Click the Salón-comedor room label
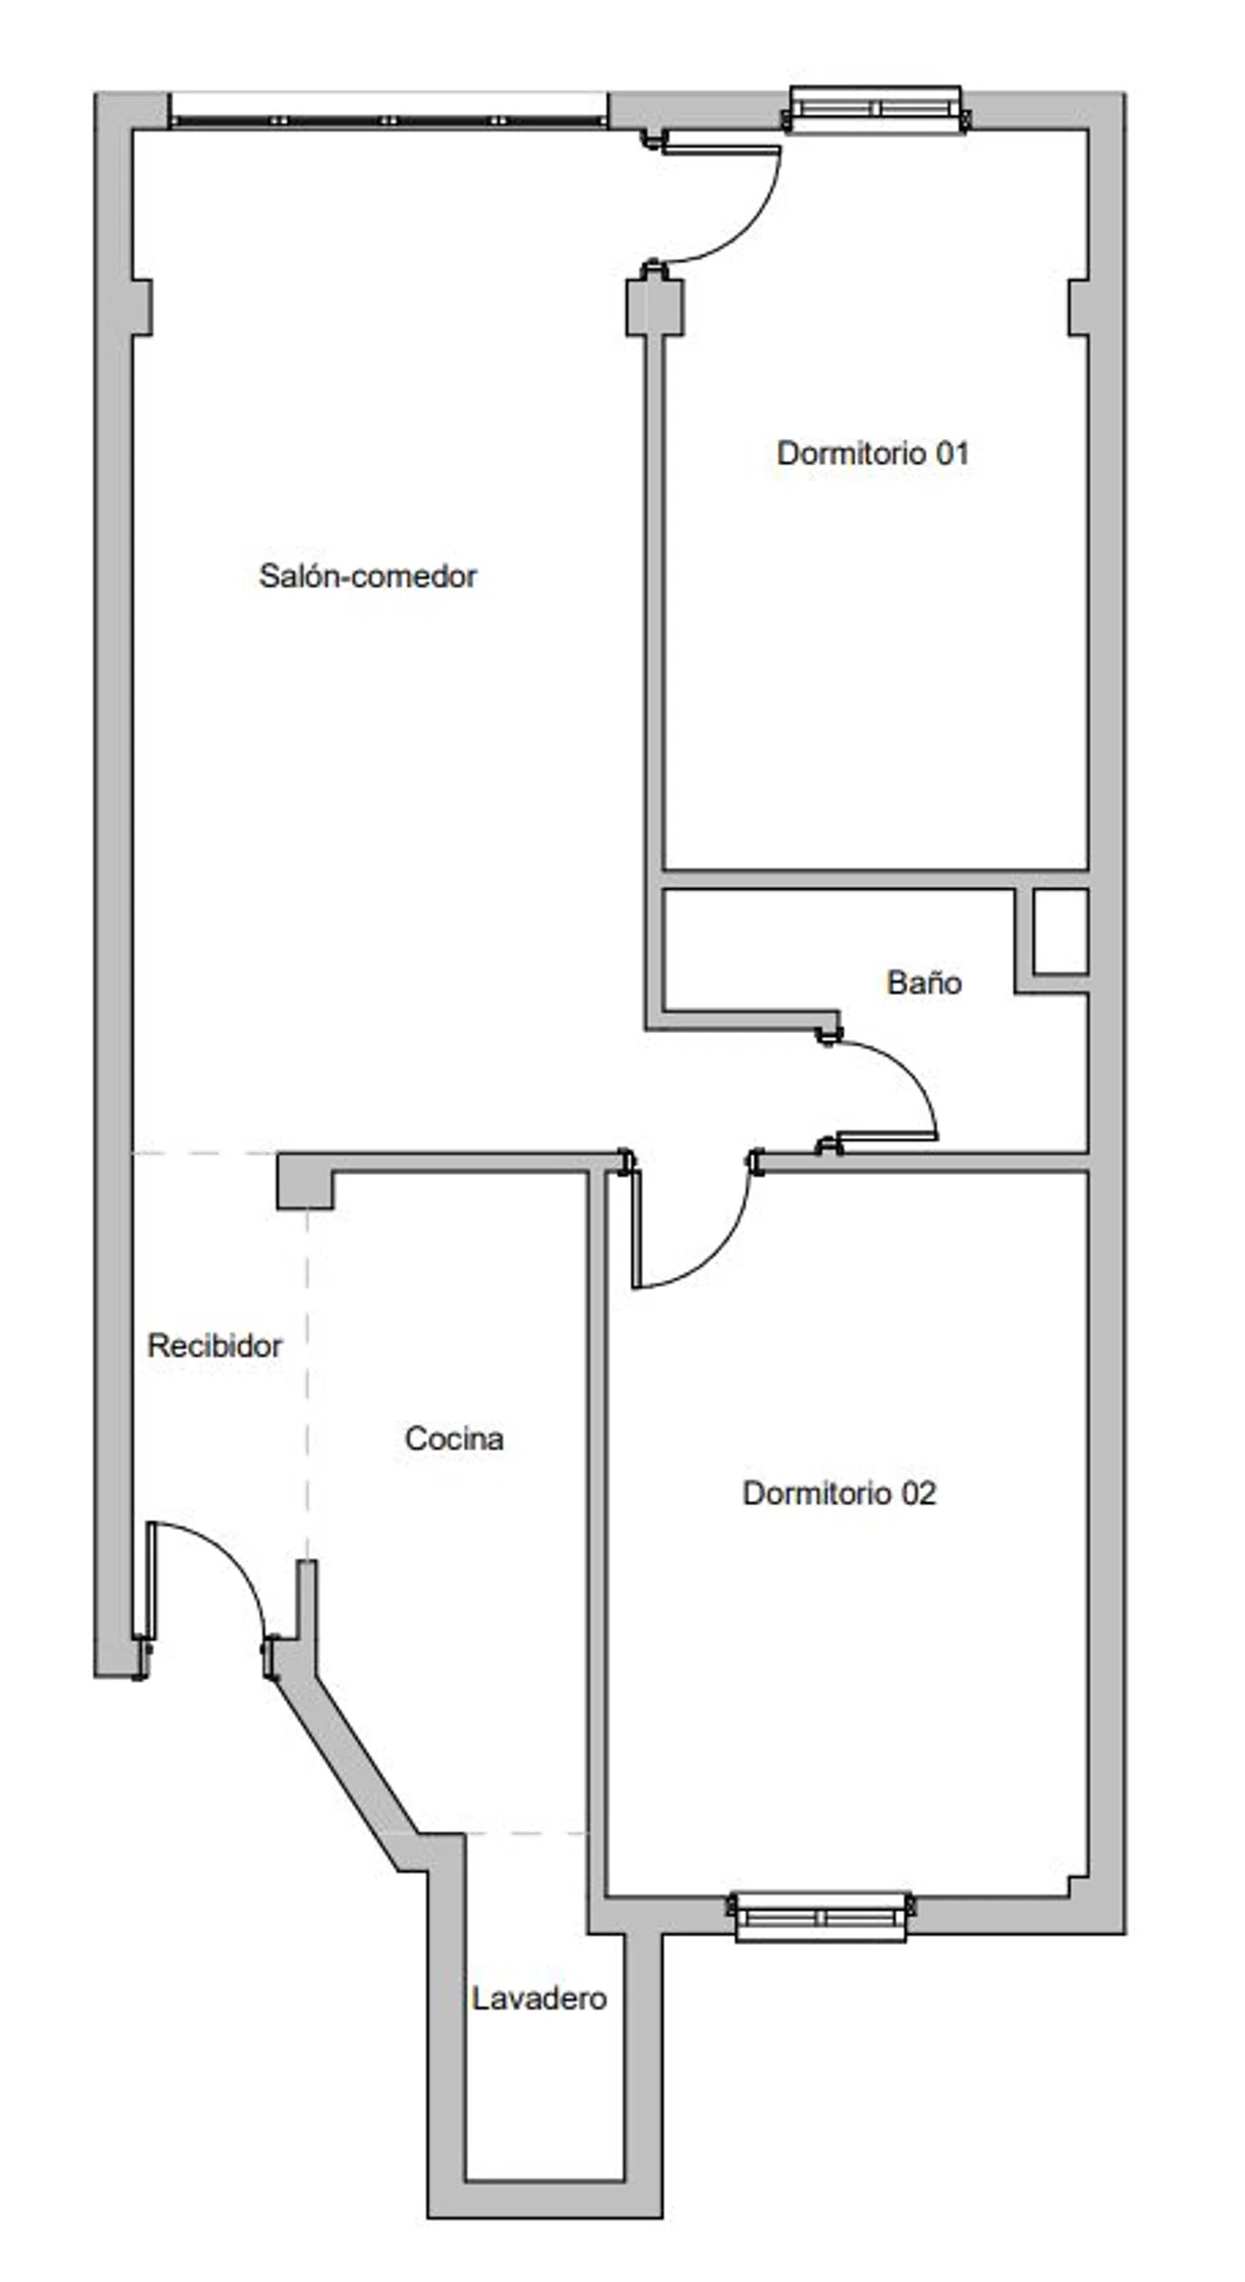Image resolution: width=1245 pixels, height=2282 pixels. click(x=368, y=576)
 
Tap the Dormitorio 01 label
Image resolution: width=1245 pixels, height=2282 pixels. click(x=873, y=453)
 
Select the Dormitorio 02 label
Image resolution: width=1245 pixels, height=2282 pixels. click(x=839, y=1493)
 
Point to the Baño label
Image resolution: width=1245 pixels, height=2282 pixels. click(x=925, y=982)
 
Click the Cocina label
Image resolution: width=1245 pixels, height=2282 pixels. click(x=454, y=1438)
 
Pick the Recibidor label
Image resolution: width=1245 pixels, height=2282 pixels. click(x=214, y=1346)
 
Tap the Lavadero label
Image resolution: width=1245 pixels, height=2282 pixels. click(x=539, y=1997)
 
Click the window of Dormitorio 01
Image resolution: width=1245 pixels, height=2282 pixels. click(x=876, y=109)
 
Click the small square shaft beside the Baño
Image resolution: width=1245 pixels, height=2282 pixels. click(x=1061, y=932)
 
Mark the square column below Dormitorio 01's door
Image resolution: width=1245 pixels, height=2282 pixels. click(x=655, y=307)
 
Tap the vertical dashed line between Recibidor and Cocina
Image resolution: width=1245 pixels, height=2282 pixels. click(x=307, y=1387)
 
